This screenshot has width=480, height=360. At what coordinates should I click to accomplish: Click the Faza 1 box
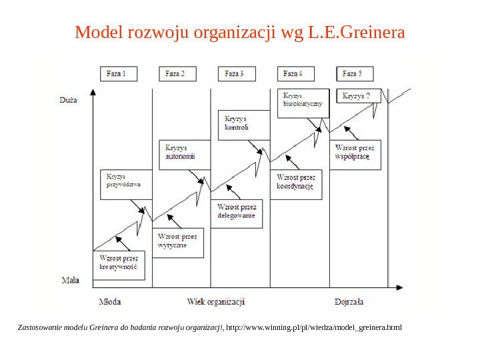point(118,74)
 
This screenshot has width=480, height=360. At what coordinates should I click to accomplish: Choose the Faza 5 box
point(354,74)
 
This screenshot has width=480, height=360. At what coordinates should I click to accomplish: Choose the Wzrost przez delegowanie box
point(237,211)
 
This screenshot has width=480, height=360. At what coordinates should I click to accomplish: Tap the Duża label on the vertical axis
point(68,100)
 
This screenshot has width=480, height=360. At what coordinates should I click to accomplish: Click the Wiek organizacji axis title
point(216,301)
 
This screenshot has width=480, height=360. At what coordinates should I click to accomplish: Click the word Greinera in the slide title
point(373,32)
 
